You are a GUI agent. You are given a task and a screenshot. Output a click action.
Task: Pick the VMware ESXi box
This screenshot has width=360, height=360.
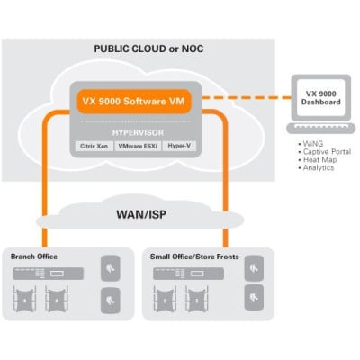click(139, 144)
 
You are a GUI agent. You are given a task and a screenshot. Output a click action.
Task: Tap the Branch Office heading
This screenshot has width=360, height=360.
click(33, 256)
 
